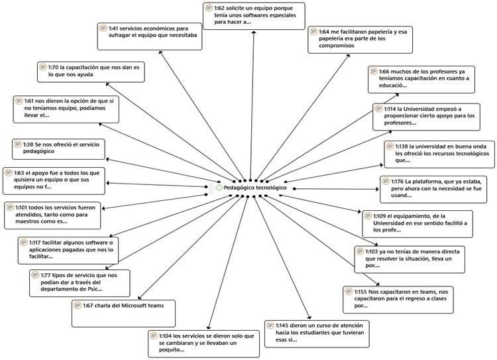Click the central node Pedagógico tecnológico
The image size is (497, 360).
[x=255, y=188]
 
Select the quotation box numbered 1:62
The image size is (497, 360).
[x=253, y=15]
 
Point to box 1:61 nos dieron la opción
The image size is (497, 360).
[x=66, y=109]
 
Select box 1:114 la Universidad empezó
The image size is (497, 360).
[x=420, y=115]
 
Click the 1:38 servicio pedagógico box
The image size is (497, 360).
[x=58, y=148]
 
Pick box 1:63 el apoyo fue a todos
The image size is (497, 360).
[x=54, y=178]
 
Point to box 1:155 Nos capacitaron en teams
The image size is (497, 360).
[x=394, y=298]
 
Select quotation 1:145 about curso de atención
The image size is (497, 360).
[x=317, y=333]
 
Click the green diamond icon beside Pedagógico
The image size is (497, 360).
[x=219, y=188]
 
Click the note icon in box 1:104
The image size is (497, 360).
[x=154, y=335]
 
